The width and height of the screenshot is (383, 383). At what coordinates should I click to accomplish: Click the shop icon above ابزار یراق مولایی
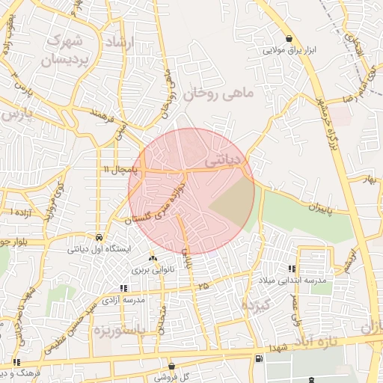289,39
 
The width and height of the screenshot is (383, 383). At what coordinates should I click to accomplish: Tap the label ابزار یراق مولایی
289,52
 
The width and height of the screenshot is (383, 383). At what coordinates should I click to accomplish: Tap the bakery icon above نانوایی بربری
153,257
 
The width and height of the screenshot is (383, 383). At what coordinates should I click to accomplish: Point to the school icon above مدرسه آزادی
124,288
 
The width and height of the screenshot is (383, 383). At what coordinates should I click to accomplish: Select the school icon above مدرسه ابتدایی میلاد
292,268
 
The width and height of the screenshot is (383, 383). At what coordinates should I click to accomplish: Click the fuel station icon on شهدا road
258,358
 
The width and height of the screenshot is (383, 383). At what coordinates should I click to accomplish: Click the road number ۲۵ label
203,286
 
